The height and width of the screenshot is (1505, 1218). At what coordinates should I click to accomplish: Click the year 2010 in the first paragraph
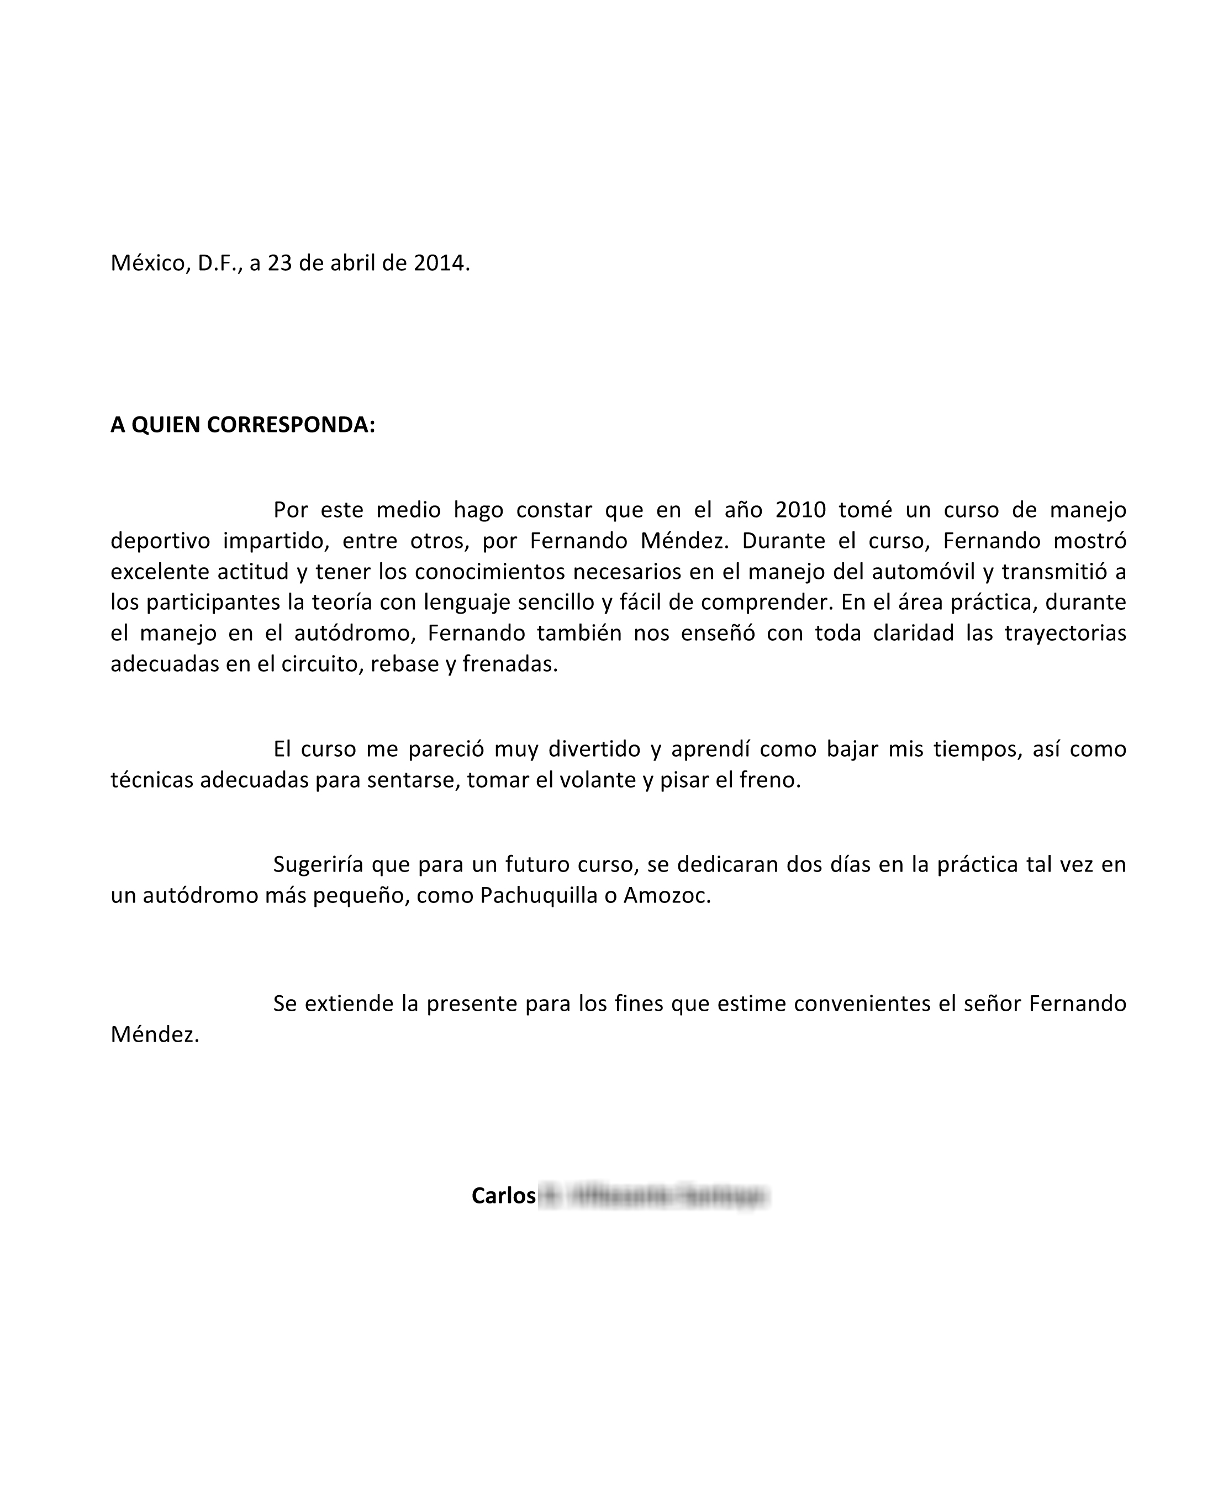800,510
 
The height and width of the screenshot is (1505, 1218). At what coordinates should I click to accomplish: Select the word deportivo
160,541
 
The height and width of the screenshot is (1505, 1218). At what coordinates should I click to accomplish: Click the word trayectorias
1065,633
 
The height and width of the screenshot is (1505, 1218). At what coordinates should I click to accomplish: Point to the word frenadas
510,664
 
